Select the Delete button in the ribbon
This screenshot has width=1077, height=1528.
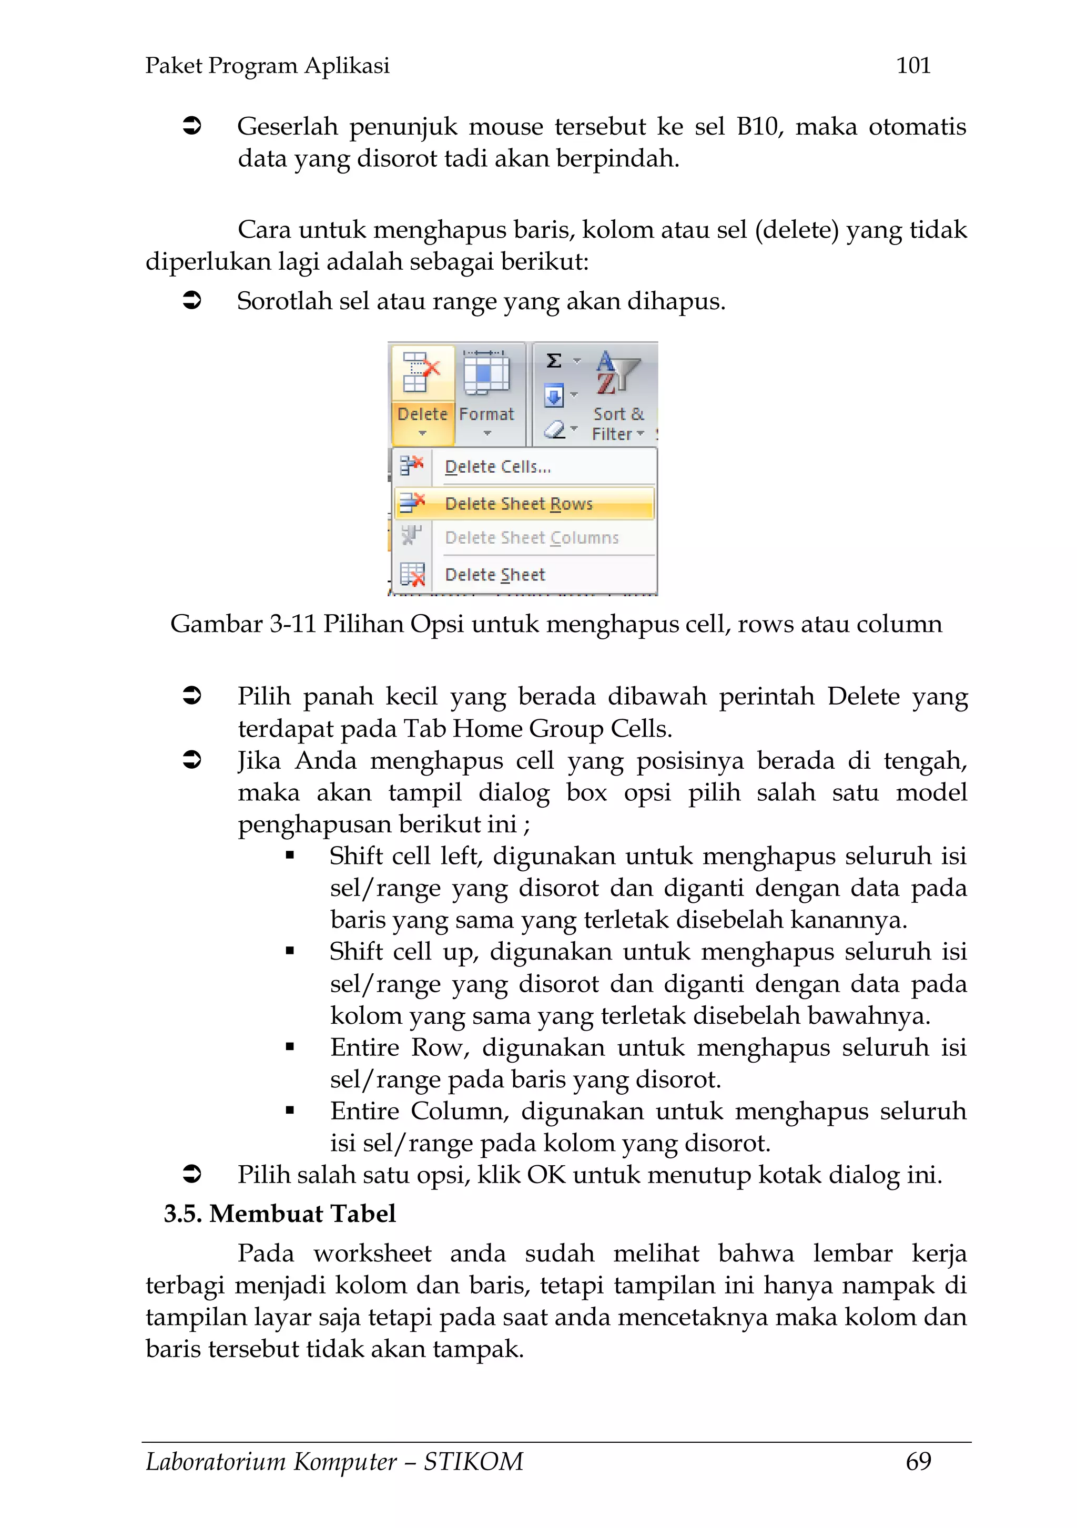tap(422, 396)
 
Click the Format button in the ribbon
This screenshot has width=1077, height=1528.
tap(486, 396)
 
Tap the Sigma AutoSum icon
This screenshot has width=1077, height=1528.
tap(554, 361)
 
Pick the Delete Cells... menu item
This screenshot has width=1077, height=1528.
tap(497, 467)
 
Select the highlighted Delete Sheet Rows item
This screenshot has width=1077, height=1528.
tap(519, 504)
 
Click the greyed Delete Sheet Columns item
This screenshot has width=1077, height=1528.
tap(531, 538)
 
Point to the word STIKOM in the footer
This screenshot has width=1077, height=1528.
tap(473, 1461)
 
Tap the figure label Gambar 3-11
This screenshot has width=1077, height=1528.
tap(242, 624)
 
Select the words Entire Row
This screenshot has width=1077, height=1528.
tap(399, 1047)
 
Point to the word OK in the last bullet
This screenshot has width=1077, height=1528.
tap(546, 1175)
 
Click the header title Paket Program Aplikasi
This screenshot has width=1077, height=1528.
tap(267, 65)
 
